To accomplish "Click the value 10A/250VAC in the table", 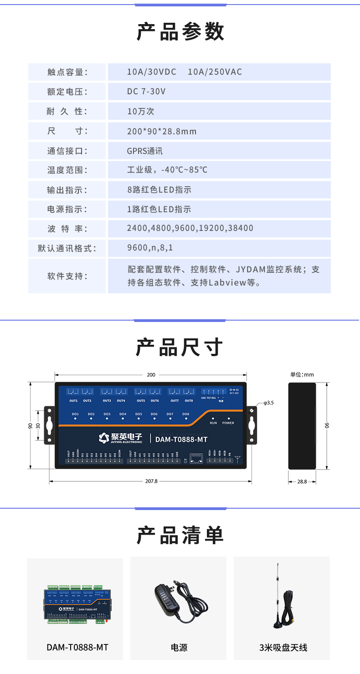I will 215,72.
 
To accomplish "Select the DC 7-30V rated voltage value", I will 146,92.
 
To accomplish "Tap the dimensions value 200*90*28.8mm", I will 162,131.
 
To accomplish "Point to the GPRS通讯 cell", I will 145,151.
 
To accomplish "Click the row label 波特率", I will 67,229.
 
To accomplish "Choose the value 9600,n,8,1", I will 150,248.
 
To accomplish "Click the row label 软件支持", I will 67,276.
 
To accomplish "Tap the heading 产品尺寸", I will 180,347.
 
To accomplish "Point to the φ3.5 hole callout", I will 268,403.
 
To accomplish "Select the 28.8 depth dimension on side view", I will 302,481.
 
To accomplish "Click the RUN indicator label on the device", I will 213,423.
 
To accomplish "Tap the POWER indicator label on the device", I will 228,423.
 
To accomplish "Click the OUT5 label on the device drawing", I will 141,401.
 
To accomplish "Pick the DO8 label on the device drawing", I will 186,414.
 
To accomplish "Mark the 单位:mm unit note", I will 302,375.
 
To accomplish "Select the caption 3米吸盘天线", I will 283,648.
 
